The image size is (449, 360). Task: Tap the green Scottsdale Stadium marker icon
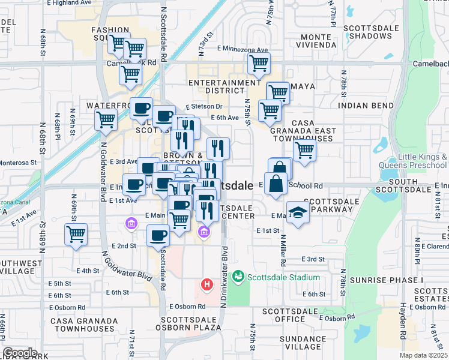[x=238, y=277]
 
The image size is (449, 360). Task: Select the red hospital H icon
[x=207, y=284]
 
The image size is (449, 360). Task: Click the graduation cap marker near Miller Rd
[x=297, y=214]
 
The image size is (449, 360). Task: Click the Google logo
[x=20, y=353]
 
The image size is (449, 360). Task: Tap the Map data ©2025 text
[x=423, y=355]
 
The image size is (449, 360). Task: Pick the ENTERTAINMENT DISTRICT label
[x=224, y=87]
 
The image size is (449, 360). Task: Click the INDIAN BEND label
[x=364, y=105]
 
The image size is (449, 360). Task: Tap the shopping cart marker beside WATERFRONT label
[x=106, y=119]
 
